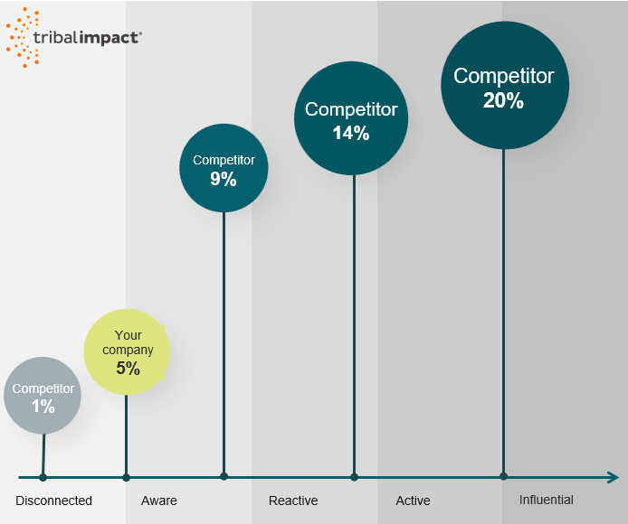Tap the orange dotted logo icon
point(24,37)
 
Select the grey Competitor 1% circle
point(43,397)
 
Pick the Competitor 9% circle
point(224,168)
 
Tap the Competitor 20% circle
point(504,86)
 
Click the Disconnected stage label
point(54,501)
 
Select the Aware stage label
point(159,501)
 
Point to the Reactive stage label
point(293,501)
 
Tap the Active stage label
point(414,501)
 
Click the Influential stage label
point(547,500)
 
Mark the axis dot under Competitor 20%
point(503,476)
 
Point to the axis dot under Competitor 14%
point(354,477)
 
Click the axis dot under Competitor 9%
point(224,476)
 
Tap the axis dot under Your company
point(126,477)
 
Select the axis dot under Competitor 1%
point(43,477)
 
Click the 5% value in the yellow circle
point(128,368)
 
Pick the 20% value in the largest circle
point(504,100)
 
